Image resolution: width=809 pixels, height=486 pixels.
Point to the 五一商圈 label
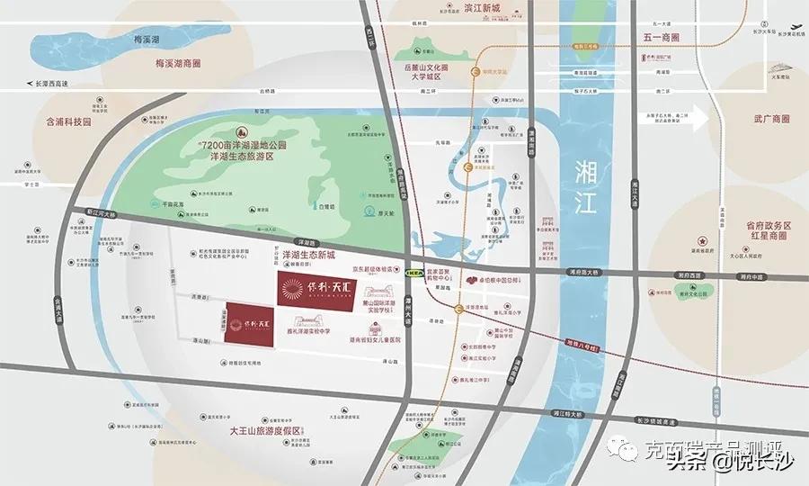[x=668, y=39]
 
